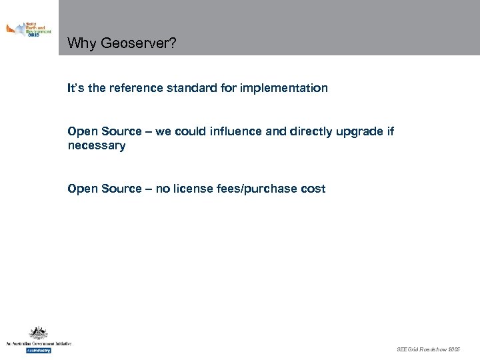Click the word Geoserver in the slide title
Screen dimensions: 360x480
click(138, 44)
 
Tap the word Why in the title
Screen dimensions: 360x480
click(82, 44)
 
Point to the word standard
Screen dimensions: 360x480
click(197, 88)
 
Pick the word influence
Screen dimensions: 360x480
click(236, 131)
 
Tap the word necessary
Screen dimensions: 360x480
click(96, 145)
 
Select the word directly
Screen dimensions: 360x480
click(312, 131)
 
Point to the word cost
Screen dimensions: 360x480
click(313, 189)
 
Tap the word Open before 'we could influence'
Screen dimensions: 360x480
click(82, 131)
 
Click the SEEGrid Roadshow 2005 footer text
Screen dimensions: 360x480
click(428, 349)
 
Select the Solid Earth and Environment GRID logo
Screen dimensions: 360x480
click(28, 29)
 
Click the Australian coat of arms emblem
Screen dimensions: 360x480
click(38, 333)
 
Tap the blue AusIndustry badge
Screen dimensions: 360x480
click(38, 350)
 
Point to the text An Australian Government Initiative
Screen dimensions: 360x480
click(38, 343)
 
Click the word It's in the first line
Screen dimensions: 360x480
click(75, 88)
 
